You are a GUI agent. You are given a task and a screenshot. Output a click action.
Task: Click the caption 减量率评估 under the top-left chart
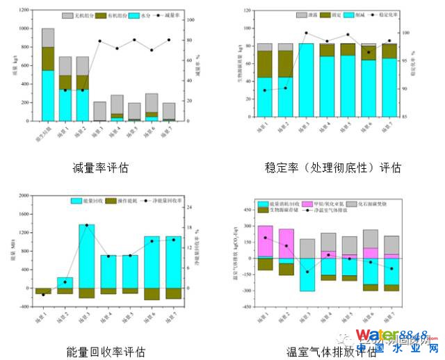click(x=101, y=167)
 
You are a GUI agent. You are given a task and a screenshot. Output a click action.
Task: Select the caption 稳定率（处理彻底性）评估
click(x=333, y=167)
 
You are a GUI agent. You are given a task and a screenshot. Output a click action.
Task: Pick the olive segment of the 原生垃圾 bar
click(x=47, y=58)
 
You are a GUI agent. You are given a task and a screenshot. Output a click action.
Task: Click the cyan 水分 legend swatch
click(x=136, y=15)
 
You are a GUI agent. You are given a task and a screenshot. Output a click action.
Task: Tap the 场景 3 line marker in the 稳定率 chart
click(x=306, y=33)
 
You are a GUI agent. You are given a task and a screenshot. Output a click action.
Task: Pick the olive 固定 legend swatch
click(x=325, y=15)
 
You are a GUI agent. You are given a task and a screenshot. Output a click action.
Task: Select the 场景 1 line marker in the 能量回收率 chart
click(x=43, y=295)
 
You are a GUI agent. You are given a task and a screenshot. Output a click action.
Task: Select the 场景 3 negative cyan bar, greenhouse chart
click(x=306, y=274)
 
